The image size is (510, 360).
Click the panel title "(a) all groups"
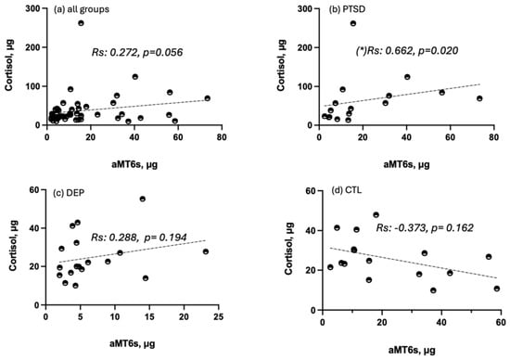coord(82,9)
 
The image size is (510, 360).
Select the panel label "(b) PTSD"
coord(347,9)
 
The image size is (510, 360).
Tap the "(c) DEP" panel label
coord(69,193)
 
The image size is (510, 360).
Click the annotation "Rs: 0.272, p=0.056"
coord(137,52)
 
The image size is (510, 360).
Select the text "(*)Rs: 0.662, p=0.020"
coord(407,50)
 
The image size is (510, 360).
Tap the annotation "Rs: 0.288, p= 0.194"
coord(139,238)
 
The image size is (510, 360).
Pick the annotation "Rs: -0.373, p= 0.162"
coord(425,228)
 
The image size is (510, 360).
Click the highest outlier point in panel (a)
coord(81,23)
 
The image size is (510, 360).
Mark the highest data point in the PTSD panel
coord(353,23)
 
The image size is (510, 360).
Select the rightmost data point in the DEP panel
coord(206,251)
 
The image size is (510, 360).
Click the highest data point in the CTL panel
coord(376,215)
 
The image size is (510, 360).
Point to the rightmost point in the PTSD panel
coord(479,98)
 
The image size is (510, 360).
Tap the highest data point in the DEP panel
coord(143,199)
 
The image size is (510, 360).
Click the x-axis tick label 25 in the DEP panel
coord(219,316)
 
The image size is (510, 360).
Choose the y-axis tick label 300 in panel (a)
coord(32,8)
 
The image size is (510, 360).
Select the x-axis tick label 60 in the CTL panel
coord(501,322)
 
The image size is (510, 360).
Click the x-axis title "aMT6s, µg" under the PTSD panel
coord(406,164)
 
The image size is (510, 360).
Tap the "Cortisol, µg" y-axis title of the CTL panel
coord(288,249)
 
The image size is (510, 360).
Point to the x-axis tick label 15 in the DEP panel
coord(149,316)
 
